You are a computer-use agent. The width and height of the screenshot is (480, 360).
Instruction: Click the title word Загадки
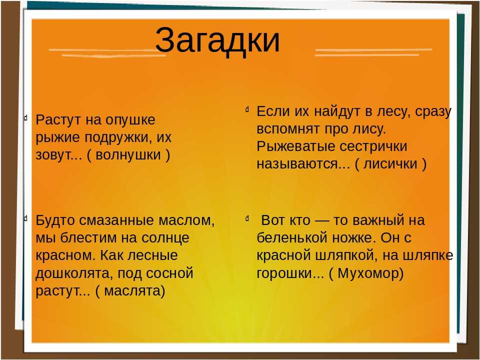(217, 40)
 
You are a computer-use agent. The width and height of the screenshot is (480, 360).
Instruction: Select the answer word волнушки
(128, 155)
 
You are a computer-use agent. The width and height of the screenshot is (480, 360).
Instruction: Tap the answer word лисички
(390, 164)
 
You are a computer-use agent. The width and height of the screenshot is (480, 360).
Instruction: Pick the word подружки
(118, 138)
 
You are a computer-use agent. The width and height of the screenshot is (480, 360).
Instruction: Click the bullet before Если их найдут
(246, 109)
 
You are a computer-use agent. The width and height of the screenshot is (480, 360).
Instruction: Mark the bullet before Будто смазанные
(25, 218)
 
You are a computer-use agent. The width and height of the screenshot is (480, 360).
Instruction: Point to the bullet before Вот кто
(246, 218)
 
